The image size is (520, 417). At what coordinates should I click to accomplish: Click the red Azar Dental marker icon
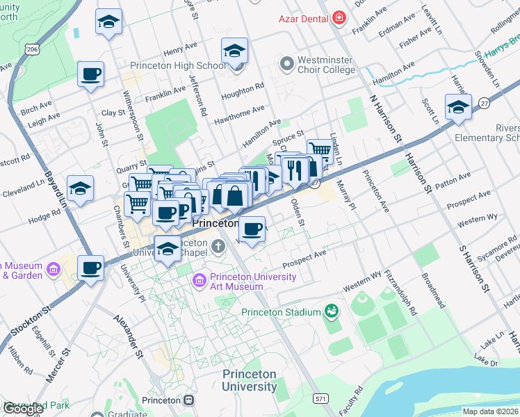(339, 17)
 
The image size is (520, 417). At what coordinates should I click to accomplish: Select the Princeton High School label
(178, 66)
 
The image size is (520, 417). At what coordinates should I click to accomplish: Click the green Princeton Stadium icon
(332, 312)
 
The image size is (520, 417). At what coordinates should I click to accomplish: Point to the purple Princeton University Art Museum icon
(198, 279)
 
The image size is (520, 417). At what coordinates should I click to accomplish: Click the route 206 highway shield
(32, 49)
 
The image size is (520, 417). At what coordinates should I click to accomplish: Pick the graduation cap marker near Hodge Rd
(80, 188)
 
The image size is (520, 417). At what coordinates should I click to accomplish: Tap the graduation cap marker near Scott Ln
(458, 107)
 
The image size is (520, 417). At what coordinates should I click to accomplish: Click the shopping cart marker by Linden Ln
(319, 150)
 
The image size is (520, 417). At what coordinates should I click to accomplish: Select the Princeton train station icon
(188, 400)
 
